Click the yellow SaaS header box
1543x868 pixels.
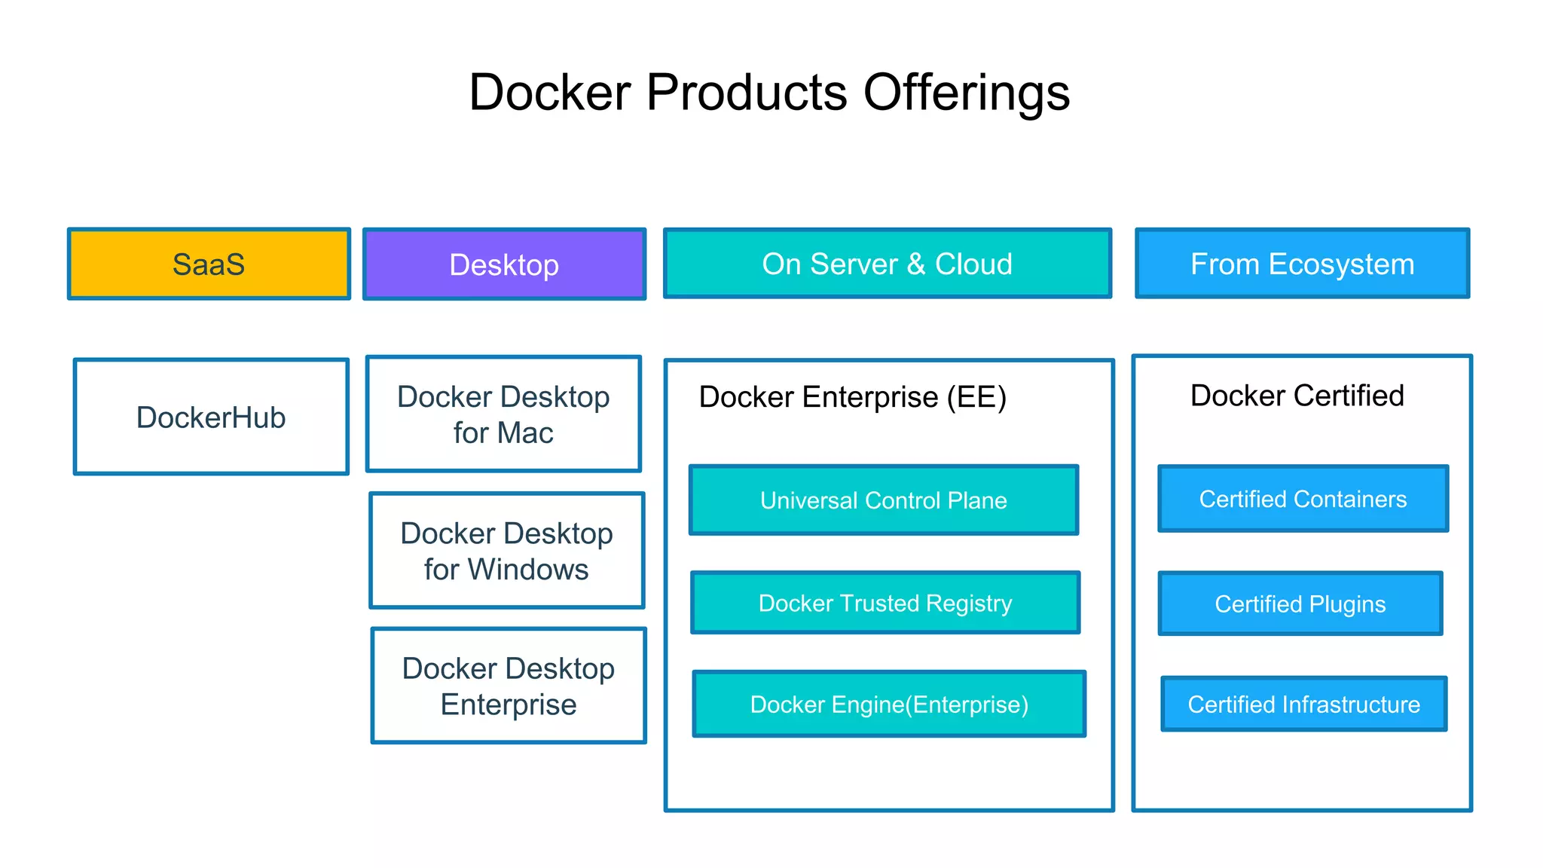click(209, 264)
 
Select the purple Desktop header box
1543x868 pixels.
click(504, 264)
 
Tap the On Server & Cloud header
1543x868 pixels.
click(887, 264)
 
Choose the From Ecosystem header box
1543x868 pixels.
click(1302, 264)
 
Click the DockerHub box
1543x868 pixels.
click(211, 417)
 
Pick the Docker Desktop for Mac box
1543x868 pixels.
click(503, 414)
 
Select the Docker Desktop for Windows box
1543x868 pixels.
click(506, 551)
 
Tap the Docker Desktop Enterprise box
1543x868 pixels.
click(509, 686)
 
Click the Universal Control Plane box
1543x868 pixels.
click(883, 500)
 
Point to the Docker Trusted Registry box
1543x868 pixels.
click(885, 603)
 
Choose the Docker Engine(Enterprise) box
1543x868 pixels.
click(889, 704)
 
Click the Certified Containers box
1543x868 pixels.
click(1303, 499)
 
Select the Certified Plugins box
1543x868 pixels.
click(1300, 604)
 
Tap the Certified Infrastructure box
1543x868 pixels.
click(1303, 704)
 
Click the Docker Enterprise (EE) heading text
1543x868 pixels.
click(852, 397)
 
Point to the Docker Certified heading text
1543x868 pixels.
click(1297, 396)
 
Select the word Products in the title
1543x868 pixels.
click(747, 93)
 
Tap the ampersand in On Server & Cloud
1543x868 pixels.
click(915, 264)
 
